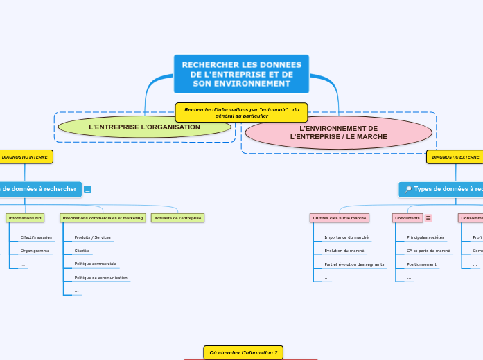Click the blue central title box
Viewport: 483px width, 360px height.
(x=241, y=74)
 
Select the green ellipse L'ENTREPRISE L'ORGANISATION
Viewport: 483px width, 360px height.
(x=144, y=127)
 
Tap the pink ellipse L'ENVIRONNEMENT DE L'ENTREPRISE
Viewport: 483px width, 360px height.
(x=338, y=132)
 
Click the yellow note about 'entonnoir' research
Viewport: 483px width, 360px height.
(x=241, y=112)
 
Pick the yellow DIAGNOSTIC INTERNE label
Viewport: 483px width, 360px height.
(x=25, y=157)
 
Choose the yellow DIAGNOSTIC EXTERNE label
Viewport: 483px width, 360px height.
(x=455, y=157)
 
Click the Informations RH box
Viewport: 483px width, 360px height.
(x=25, y=218)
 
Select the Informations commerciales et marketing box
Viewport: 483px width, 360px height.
(x=103, y=218)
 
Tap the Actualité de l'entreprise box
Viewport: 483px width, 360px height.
(x=177, y=218)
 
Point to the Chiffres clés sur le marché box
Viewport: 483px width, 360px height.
(x=340, y=218)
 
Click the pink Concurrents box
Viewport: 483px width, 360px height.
(x=407, y=218)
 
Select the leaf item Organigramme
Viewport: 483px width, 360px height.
(x=35, y=251)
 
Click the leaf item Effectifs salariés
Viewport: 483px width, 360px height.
(x=36, y=237)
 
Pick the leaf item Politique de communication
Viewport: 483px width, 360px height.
(x=100, y=278)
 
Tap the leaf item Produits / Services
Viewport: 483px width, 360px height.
(x=92, y=237)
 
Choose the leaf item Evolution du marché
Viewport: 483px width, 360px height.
(x=344, y=251)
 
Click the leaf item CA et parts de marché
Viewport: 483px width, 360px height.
(x=428, y=251)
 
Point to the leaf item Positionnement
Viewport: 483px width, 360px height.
(x=421, y=264)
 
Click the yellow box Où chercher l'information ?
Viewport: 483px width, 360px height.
(x=243, y=352)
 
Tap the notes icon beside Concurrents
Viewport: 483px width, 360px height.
(x=428, y=218)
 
